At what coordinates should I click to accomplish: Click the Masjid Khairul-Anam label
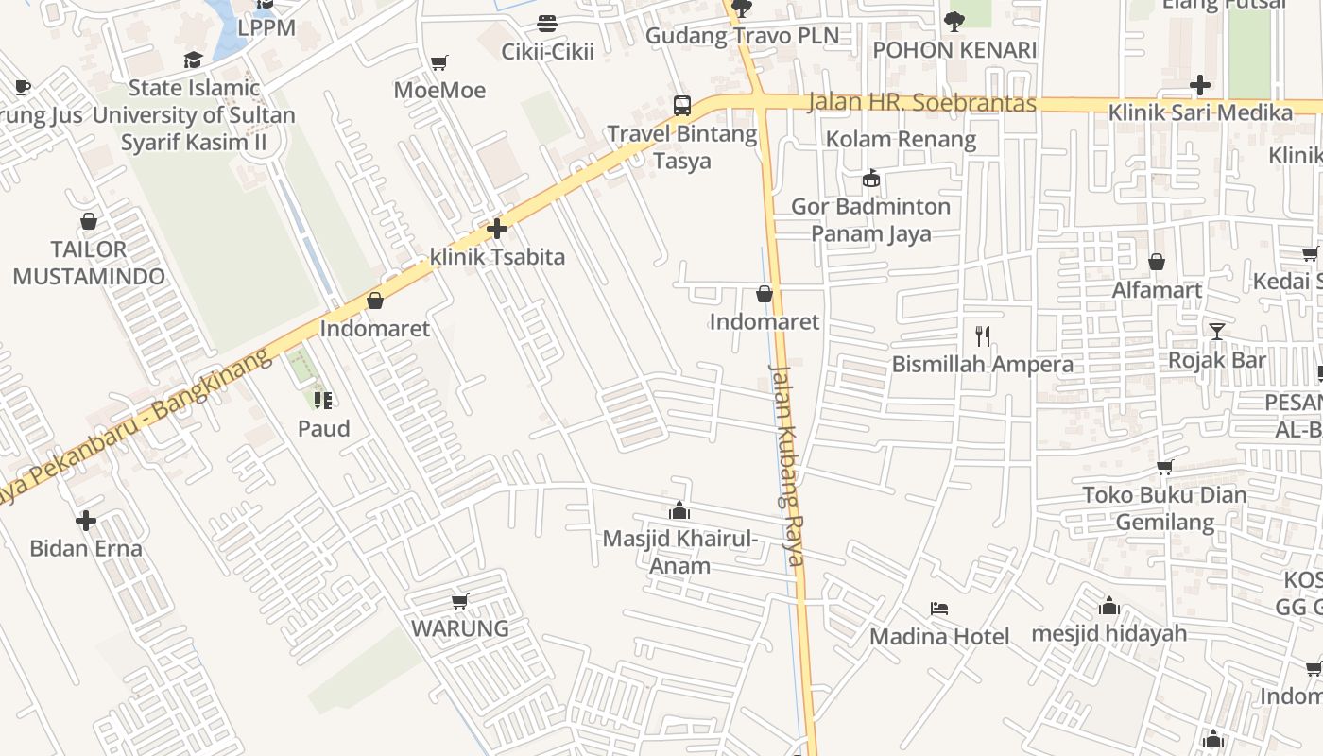[x=680, y=552]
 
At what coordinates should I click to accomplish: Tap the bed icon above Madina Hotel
[x=938, y=609]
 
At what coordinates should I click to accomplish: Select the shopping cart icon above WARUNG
[x=460, y=601]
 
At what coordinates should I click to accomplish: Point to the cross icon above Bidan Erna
[x=86, y=521]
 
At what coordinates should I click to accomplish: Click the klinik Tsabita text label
[x=497, y=256]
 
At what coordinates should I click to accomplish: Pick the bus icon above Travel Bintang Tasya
[x=681, y=105]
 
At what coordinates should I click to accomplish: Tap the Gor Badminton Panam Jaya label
[x=870, y=219]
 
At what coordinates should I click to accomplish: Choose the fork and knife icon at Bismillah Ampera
[x=983, y=335]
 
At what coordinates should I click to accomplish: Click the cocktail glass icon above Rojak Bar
[x=1216, y=331]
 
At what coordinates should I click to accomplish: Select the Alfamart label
[x=1157, y=289]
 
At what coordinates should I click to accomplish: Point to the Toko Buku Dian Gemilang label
[x=1164, y=508]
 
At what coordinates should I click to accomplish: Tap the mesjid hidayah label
[x=1108, y=632]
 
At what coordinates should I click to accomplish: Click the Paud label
[x=324, y=428]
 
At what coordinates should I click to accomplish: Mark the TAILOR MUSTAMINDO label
[x=89, y=263]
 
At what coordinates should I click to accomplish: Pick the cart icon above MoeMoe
[x=438, y=63]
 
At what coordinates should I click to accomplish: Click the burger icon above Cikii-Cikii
[x=546, y=23]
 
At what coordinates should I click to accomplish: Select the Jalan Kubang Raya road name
[x=786, y=464]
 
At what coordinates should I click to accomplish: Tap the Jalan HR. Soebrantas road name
[x=921, y=103]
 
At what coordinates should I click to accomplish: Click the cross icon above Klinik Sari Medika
[x=1199, y=85]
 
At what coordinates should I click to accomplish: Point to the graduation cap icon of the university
[x=194, y=60]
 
